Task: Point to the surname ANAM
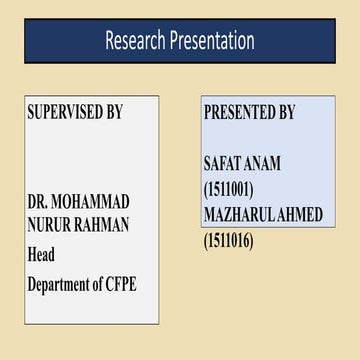coord(263,163)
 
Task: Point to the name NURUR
coord(53,227)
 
